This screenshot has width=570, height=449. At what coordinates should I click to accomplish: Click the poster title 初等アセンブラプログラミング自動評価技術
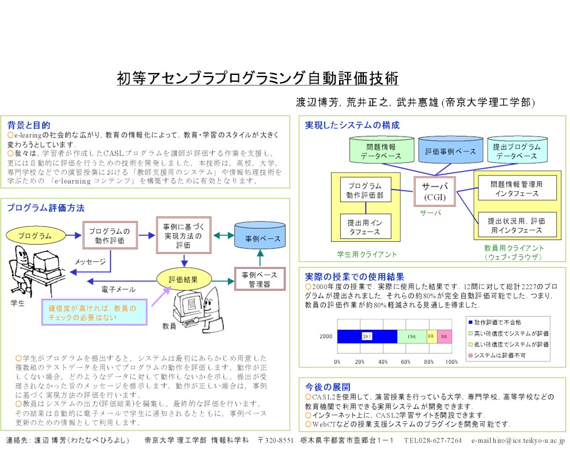[x=257, y=78]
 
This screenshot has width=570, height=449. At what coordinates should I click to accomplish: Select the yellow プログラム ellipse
[x=34, y=235]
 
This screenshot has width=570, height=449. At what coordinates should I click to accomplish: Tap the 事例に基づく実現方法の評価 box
[x=183, y=235]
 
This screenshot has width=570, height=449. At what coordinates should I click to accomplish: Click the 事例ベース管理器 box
[x=261, y=279]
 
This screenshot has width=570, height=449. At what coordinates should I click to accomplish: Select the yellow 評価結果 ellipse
[x=184, y=279]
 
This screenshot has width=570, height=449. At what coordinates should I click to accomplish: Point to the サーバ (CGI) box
[x=435, y=192]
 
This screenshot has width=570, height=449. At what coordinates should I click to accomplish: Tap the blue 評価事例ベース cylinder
[x=450, y=151]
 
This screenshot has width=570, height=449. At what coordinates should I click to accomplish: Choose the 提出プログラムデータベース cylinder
[x=516, y=151]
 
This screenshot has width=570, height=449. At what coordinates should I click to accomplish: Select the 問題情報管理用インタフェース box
[x=516, y=188]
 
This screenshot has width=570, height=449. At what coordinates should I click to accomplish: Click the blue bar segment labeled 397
[x=367, y=336]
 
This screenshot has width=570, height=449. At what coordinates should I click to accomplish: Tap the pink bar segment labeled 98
[x=444, y=336]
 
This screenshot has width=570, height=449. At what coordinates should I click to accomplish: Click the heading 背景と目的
[x=29, y=125]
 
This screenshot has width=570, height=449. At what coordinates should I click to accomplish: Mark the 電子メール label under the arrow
[x=118, y=289]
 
